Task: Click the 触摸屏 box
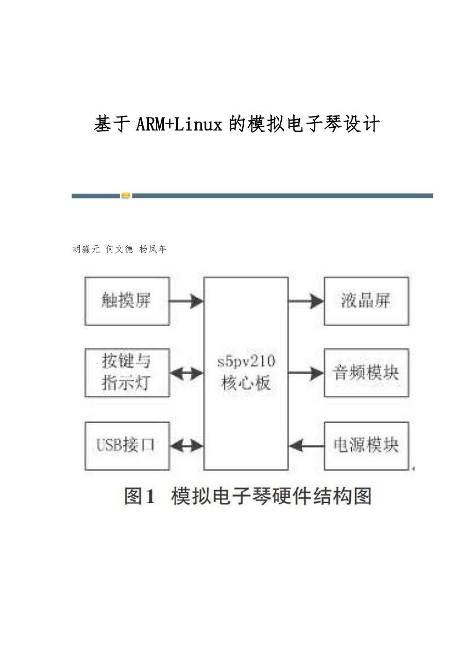tap(127, 301)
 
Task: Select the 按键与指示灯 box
tap(127, 373)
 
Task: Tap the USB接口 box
tap(127, 445)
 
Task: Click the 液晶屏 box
tap(366, 301)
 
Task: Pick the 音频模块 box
tap(366, 373)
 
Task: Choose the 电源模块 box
tap(366, 445)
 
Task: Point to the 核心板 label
tap(246, 383)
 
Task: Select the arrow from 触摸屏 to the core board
tap(187, 301)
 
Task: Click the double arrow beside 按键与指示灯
tap(187, 373)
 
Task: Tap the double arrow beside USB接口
tap(187, 445)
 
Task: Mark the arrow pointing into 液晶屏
tap(306, 301)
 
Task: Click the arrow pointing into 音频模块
tap(306, 373)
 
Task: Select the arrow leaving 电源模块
tap(306, 445)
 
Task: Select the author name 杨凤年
tap(153, 249)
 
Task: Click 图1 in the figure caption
tap(140, 496)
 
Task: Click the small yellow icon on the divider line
tap(126, 196)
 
